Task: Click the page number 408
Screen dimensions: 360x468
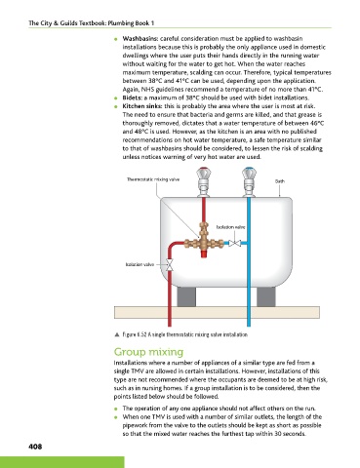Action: [35, 447]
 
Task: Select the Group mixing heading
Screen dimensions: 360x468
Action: [148, 352]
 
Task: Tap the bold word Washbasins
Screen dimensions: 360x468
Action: [140, 39]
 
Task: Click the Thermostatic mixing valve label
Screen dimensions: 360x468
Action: [153, 179]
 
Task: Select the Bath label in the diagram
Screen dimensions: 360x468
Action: [280, 181]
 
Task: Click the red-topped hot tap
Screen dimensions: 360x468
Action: [204, 181]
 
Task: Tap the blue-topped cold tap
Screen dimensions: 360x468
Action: [249, 181]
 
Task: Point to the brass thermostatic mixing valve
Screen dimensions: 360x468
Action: [204, 241]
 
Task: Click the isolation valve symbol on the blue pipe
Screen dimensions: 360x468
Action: [234, 243]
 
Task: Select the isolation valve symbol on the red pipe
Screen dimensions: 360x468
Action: [169, 265]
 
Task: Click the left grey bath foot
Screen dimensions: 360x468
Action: [186, 296]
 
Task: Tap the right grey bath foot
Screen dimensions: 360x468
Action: [266, 296]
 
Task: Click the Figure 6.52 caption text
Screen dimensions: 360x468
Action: [185, 334]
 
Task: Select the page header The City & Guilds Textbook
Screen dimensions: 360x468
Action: [92, 23]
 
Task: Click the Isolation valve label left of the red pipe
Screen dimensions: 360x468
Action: [140, 264]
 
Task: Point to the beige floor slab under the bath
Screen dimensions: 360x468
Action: [217, 312]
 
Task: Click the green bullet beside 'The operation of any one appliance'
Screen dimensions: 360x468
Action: [116, 409]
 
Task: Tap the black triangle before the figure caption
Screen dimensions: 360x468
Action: [117, 334]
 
